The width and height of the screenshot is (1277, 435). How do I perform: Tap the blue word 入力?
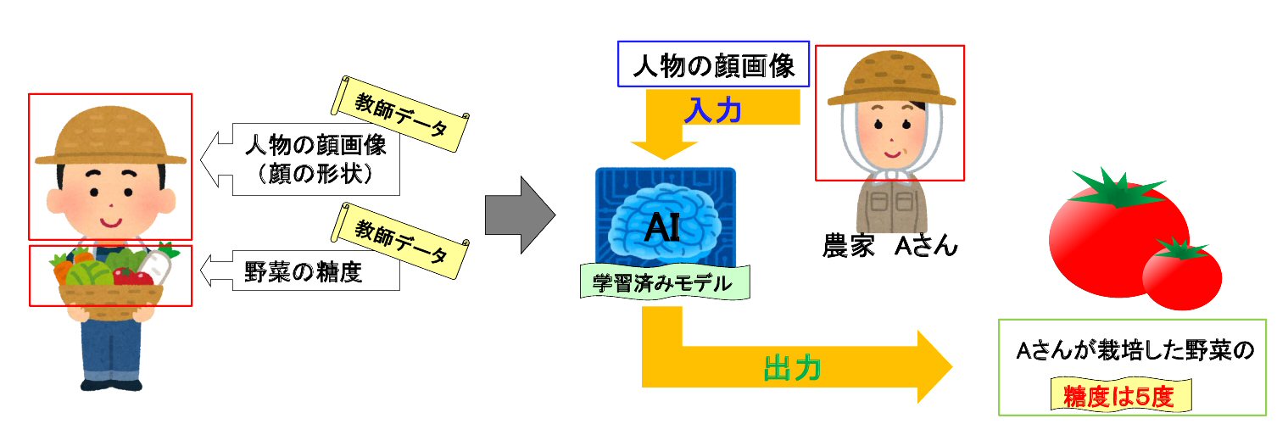pyautogui.click(x=712, y=110)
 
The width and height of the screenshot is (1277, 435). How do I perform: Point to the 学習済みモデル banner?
pyautogui.click(x=665, y=282)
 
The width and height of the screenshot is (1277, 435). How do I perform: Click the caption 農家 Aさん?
pyautogui.click(x=889, y=246)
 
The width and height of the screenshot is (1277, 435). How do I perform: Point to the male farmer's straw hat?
pyautogui.click(x=110, y=140)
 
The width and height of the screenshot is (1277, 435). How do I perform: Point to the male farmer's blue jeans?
pyautogui.click(x=110, y=352)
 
